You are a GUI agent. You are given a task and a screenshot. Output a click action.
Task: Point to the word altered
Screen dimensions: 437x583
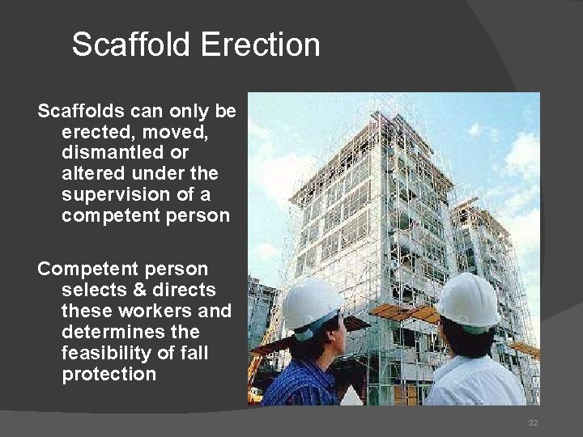coord(90,173)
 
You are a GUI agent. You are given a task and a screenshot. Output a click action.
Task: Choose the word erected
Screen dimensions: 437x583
coord(91,131)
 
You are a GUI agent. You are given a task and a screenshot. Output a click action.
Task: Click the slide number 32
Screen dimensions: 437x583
coord(533,422)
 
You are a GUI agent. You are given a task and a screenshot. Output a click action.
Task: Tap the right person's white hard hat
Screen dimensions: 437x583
coord(467,299)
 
